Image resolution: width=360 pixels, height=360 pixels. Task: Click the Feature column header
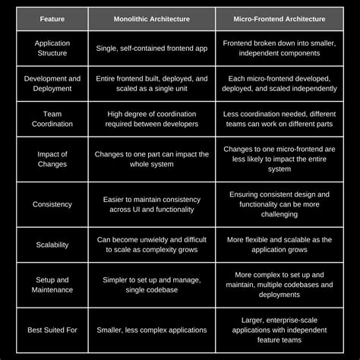pyautogui.click(x=52, y=18)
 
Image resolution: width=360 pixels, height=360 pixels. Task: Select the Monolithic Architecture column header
pyautogui.click(x=152, y=18)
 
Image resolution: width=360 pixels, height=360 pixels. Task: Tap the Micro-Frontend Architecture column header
pyautogui.click(x=279, y=18)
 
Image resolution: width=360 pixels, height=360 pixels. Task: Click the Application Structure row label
pyautogui.click(x=52, y=49)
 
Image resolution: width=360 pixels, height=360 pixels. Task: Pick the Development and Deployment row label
pyautogui.click(x=52, y=84)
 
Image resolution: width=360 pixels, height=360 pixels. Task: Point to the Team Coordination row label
pyautogui.click(x=52, y=118)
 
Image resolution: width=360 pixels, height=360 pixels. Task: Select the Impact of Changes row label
pyautogui.click(x=52, y=159)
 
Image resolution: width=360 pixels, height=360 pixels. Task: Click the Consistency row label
pyautogui.click(x=52, y=204)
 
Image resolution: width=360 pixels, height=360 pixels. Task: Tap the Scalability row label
pyautogui.click(x=52, y=245)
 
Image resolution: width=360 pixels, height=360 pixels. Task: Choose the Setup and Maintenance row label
pyautogui.click(x=52, y=285)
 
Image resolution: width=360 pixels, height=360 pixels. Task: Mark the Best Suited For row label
pyautogui.click(x=52, y=330)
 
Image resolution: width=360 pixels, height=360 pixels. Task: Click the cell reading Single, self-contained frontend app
pyautogui.click(x=152, y=49)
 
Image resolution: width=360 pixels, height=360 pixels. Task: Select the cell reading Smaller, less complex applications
pyautogui.click(x=152, y=330)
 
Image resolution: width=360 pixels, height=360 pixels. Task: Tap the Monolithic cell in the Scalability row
pyautogui.click(x=152, y=245)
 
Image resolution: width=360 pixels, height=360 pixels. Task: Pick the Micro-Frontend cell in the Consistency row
pyautogui.click(x=279, y=204)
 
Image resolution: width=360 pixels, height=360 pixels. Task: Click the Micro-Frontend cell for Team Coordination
pyautogui.click(x=279, y=118)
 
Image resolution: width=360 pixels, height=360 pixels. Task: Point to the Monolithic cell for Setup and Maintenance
pyautogui.click(x=152, y=285)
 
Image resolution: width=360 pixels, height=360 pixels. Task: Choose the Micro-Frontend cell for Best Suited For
pyautogui.click(x=279, y=330)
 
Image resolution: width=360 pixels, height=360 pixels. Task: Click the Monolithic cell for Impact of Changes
pyautogui.click(x=152, y=159)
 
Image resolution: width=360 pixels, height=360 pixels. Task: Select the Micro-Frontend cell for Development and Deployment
pyautogui.click(x=279, y=84)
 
